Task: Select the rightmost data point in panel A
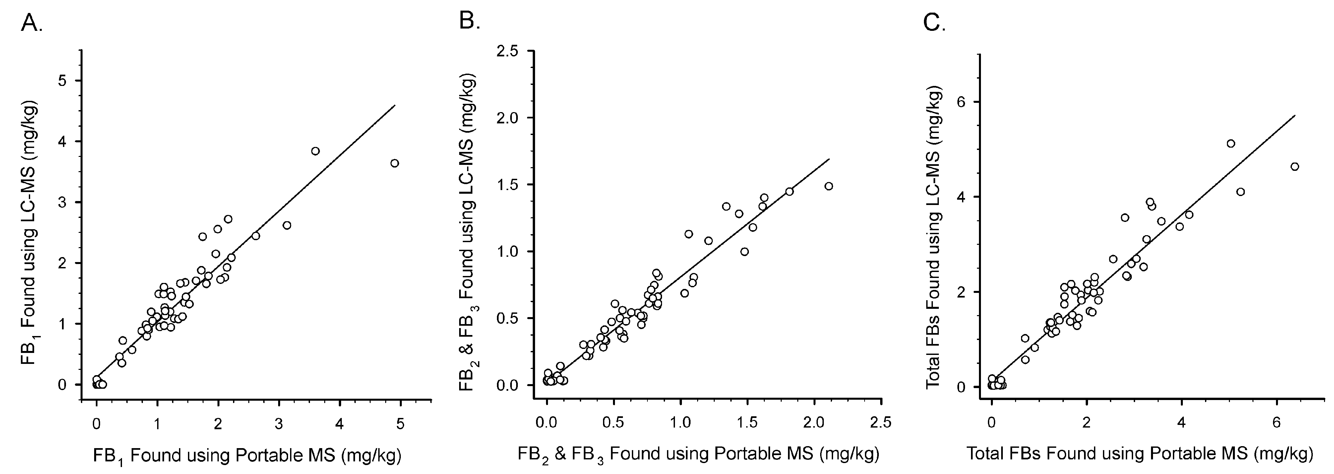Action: pyautogui.click(x=394, y=163)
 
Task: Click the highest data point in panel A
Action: pyautogui.click(x=315, y=151)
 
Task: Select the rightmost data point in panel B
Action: pyautogui.click(x=828, y=186)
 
